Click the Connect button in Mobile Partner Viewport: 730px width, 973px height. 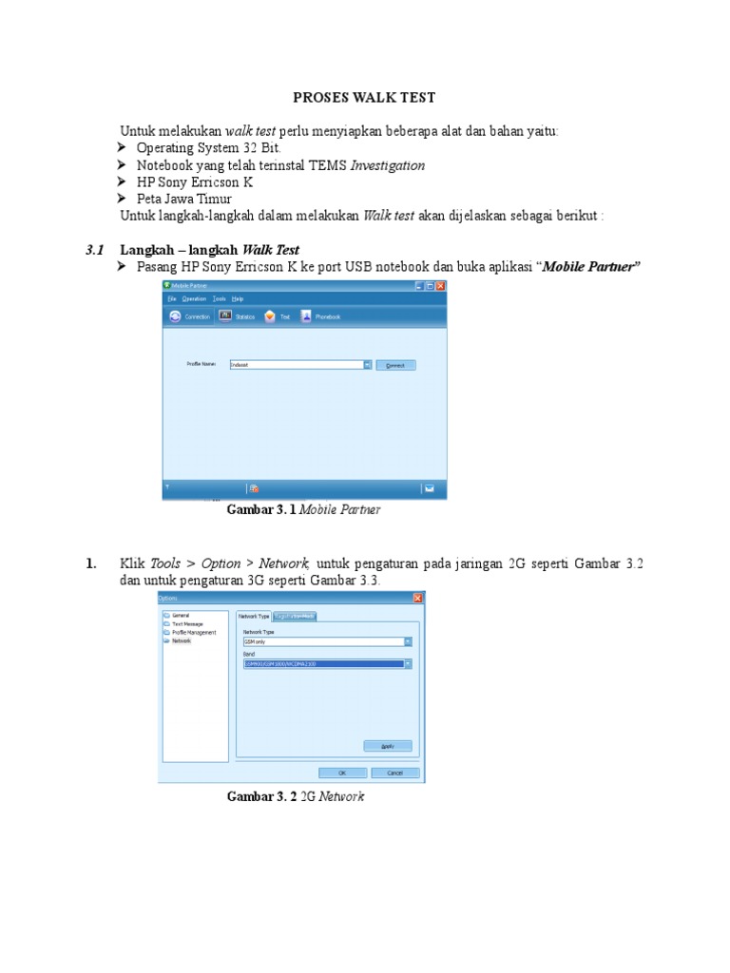pyautogui.click(x=396, y=365)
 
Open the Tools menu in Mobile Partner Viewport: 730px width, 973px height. pyautogui.click(x=219, y=298)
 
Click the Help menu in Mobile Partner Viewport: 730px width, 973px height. pyautogui.click(x=237, y=298)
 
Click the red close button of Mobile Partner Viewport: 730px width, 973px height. pyautogui.click(x=440, y=285)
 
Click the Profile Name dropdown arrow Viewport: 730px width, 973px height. pyautogui.click(x=367, y=365)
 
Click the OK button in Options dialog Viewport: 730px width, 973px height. pyautogui.click(x=342, y=773)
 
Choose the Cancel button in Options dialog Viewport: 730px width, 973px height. pyautogui.click(x=394, y=773)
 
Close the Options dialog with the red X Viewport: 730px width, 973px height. pyautogui.click(x=418, y=598)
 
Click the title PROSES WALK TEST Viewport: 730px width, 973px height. pyautogui.click(x=364, y=98)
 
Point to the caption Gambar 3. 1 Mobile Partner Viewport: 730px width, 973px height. pyautogui.click(x=303, y=510)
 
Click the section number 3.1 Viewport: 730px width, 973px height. pyautogui.click(x=93, y=250)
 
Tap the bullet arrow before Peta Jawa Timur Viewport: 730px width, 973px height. pyautogui.click(x=122, y=200)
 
